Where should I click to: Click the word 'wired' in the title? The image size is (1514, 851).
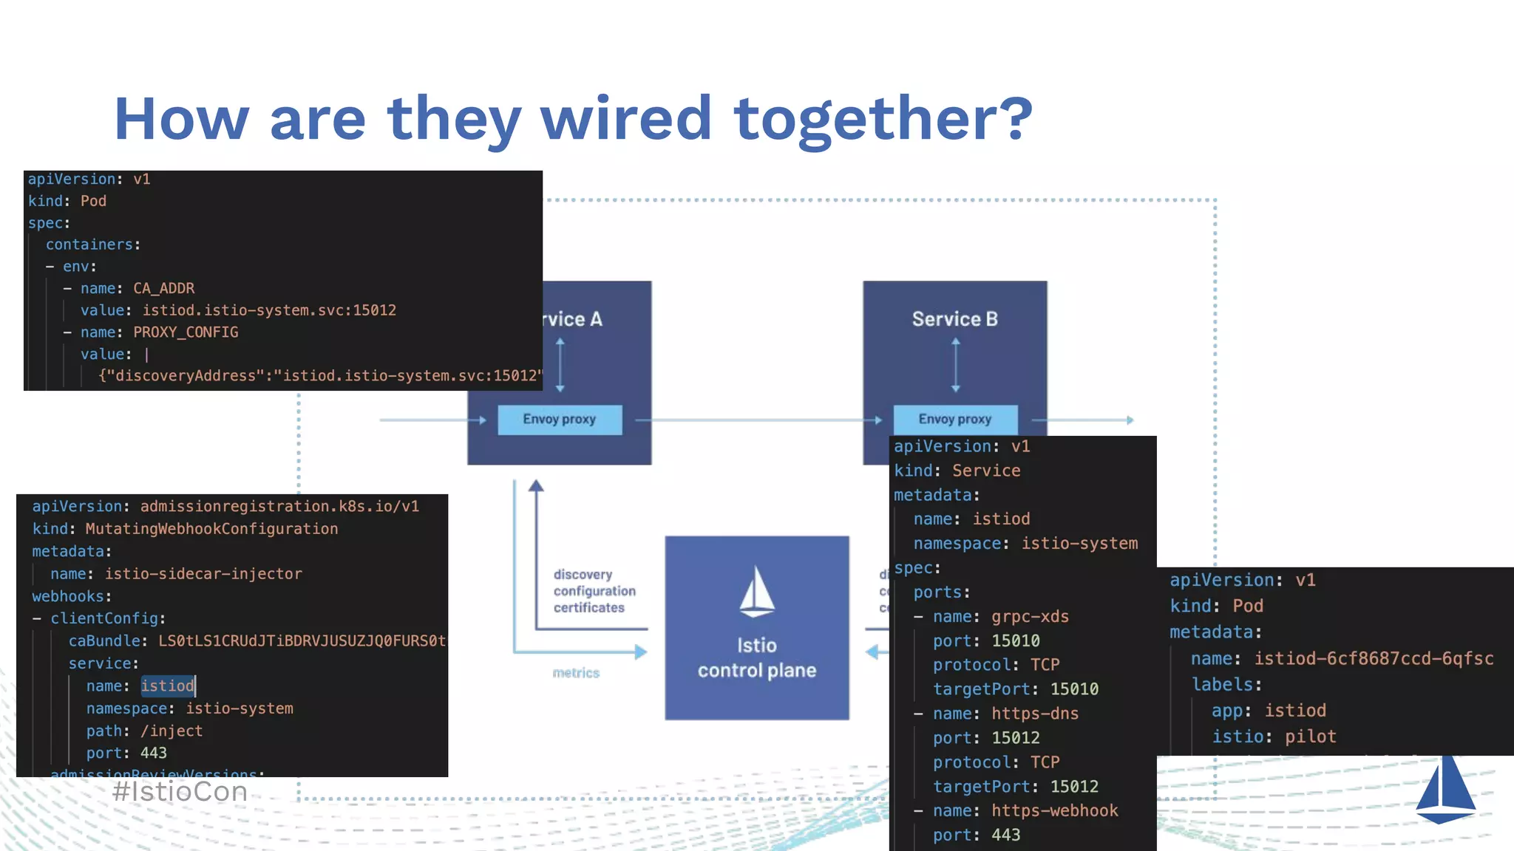[x=627, y=119]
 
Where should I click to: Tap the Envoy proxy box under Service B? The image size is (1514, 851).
[x=954, y=420]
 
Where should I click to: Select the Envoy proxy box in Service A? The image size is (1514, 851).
[x=560, y=420]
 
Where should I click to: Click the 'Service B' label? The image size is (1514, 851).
[x=954, y=319]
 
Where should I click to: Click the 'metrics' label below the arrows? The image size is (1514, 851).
[x=576, y=673]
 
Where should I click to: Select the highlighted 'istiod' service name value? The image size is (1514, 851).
[x=168, y=686]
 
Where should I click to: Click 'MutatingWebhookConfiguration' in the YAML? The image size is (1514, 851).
[x=211, y=529]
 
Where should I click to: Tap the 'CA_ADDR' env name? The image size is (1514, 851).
[x=164, y=288]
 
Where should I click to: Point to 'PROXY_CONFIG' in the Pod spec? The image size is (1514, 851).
[x=186, y=332]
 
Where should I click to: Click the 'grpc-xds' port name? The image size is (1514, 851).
[x=1030, y=617]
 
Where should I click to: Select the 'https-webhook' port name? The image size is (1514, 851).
[x=1054, y=811]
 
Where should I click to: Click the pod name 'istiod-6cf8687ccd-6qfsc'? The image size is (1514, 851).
[x=1374, y=658]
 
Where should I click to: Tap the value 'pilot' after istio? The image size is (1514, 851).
[x=1310, y=736]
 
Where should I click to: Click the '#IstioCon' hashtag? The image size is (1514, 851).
[x=180, y=792]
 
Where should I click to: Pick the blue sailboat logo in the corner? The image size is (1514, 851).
[x=1445, y=790]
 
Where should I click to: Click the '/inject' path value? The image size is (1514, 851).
[x=172, y=731]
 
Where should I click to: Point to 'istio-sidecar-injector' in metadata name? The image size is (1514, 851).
[x=203, y=574]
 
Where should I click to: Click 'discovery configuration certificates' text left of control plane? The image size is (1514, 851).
[x=594, y=591]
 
